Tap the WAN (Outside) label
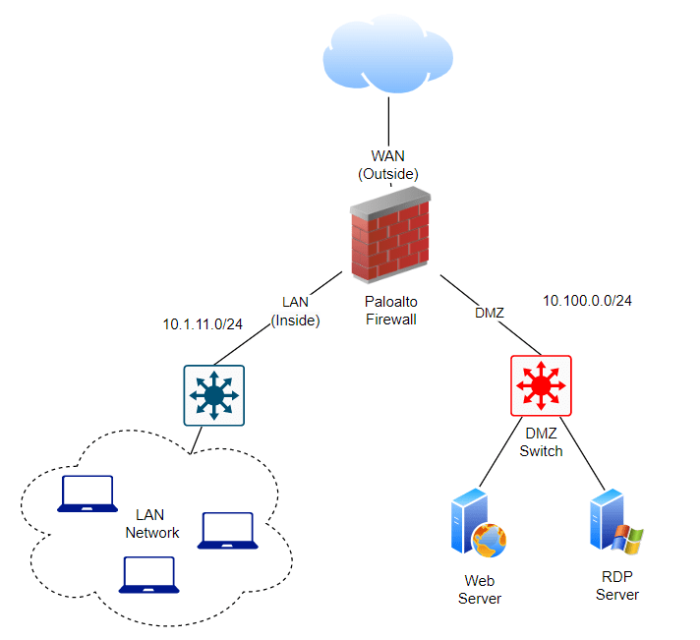(x=387, y=164)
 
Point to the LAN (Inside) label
(x=296, y=311)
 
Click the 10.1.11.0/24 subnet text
(x=203, y=322)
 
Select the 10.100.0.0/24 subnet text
(x=587, y=300)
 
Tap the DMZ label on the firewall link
(x=489, y=313)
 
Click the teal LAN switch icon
(x=214, y=395)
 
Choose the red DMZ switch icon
(x=541, y=385)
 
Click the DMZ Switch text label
(x=541, y=442)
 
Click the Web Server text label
(x=480, y=590)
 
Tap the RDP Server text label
(x=617, y=586)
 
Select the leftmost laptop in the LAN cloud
(x=87, y=495)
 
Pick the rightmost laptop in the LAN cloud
(x=228, y=530)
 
